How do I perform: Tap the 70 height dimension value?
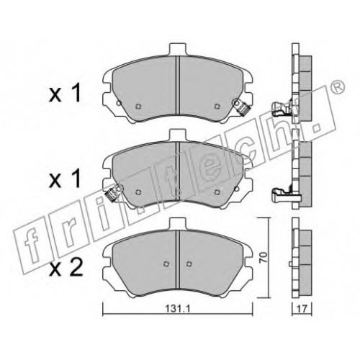click(264, 257)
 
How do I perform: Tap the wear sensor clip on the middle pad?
click(114, 192)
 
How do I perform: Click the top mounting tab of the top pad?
click(178, 50)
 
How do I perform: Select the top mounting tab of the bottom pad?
click(178, 224)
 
